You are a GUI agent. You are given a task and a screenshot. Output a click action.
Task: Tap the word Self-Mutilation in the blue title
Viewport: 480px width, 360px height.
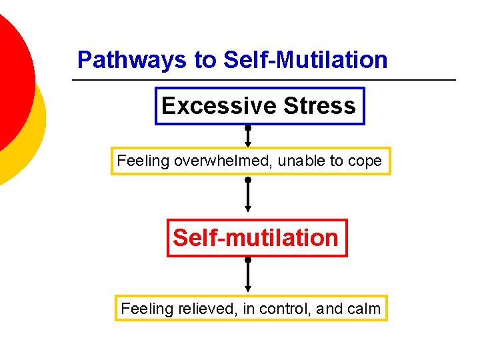(x=305, y=60)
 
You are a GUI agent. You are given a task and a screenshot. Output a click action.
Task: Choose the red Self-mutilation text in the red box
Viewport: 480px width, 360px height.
(x=256, y=237)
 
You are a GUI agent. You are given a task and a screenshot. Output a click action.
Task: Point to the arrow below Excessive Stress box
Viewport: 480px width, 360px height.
(x=248, y=136)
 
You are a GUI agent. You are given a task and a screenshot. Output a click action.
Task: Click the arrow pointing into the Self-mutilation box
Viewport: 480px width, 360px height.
(x=248, y=196)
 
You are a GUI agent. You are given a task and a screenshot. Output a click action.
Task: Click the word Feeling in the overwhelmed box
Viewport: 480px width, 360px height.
(x=142, y=161)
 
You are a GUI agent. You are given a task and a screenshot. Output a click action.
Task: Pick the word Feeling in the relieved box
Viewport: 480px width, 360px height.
(x=146, y=309)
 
